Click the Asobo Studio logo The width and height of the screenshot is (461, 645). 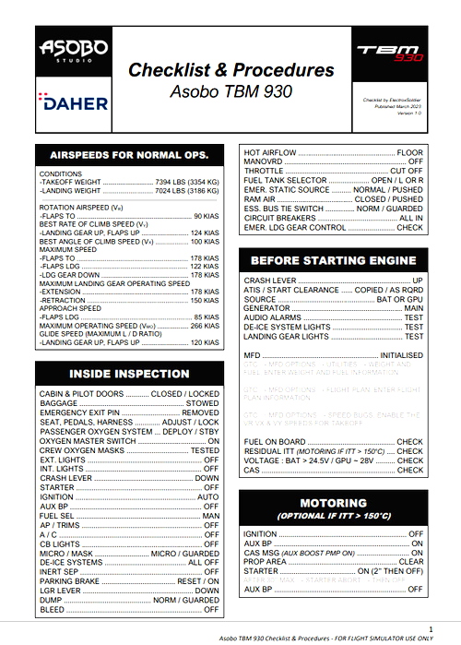pyautogui.click(x=73, y=51)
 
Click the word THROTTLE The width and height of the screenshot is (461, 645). pyautogui.click(x=264, y=171)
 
